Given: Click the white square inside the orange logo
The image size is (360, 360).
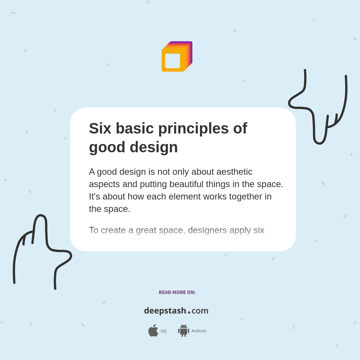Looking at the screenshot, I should (x=172, y=61).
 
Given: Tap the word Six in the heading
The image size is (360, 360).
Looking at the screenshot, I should (x=100, y=128).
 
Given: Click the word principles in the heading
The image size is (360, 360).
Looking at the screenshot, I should (x=193, y=128).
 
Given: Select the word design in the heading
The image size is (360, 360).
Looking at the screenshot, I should (x=154, y=147).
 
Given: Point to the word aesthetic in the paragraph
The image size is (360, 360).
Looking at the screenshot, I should (x=234, y=172).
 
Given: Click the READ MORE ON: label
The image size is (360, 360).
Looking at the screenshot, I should (x=177, y=292).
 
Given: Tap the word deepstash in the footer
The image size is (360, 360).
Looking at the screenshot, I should (x=165, y=311).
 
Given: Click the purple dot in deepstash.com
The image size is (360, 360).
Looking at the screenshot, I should (x=189, y=312).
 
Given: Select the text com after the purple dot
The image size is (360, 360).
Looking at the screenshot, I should (x=200, y=311).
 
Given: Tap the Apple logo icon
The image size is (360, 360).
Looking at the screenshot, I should (x=153, y=330).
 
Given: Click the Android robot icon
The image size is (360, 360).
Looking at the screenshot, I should (x=183, y=330).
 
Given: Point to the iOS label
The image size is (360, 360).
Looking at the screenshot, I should (x=163, y=331).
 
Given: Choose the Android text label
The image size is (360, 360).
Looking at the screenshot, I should (x=198, y=331).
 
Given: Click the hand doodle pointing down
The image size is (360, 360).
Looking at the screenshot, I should (x=319, y=109).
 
